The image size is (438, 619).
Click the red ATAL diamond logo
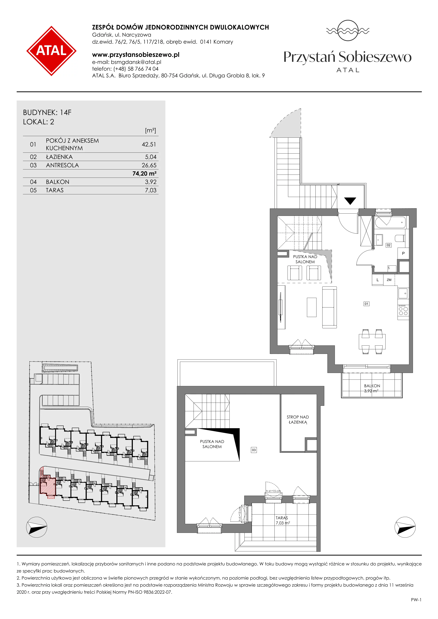pyautogui.click(x=51, y=51)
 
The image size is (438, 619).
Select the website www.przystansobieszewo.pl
pyautogui.click(x=136, y=55)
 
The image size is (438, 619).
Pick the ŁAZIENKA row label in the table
pyautogui.click(x=59, y=157)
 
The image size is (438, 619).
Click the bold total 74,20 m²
pyautogui.click(x=144, y=174)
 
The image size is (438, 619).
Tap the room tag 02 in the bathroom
pyautogui.click(x=388, y=245)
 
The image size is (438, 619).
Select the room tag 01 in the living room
pyautogui.click(x=366, y=304)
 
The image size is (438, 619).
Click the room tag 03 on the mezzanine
pyautogui.click(x=254, y=450)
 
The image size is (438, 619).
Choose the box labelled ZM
pyautogui.click(x=389, y=280)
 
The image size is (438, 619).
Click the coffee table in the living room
pyautogui.click(x=312, y=307)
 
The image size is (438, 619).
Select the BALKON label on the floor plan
pyautogui.click(x=372, y=386)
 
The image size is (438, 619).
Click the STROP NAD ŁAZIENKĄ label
pyautogui.click(x=298, y=420)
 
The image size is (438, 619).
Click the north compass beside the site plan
pyautogui.click(x=37, y=527)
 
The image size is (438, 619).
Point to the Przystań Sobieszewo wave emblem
pyautogui.click(x=348, y=31)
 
